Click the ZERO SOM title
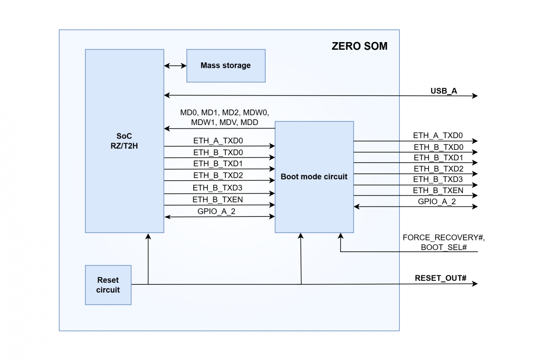(359, 46)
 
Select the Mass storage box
(225, 66)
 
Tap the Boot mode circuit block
(314, 177)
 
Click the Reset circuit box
(108, 285)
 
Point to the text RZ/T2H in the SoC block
(124, 145)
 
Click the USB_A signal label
(443, 91)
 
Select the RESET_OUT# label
(440, 278)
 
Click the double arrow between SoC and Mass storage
(175, 66)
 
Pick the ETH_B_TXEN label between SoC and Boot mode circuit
(219, 199)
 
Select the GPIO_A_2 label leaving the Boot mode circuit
(437, 202)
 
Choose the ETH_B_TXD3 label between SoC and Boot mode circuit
(219, 187)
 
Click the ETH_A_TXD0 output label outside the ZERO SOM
(438, 135)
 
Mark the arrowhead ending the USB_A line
(475, 96)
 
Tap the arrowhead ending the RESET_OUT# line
(475, 284)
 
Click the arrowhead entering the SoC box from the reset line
(148, 236)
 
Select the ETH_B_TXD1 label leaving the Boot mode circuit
(438, 158)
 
